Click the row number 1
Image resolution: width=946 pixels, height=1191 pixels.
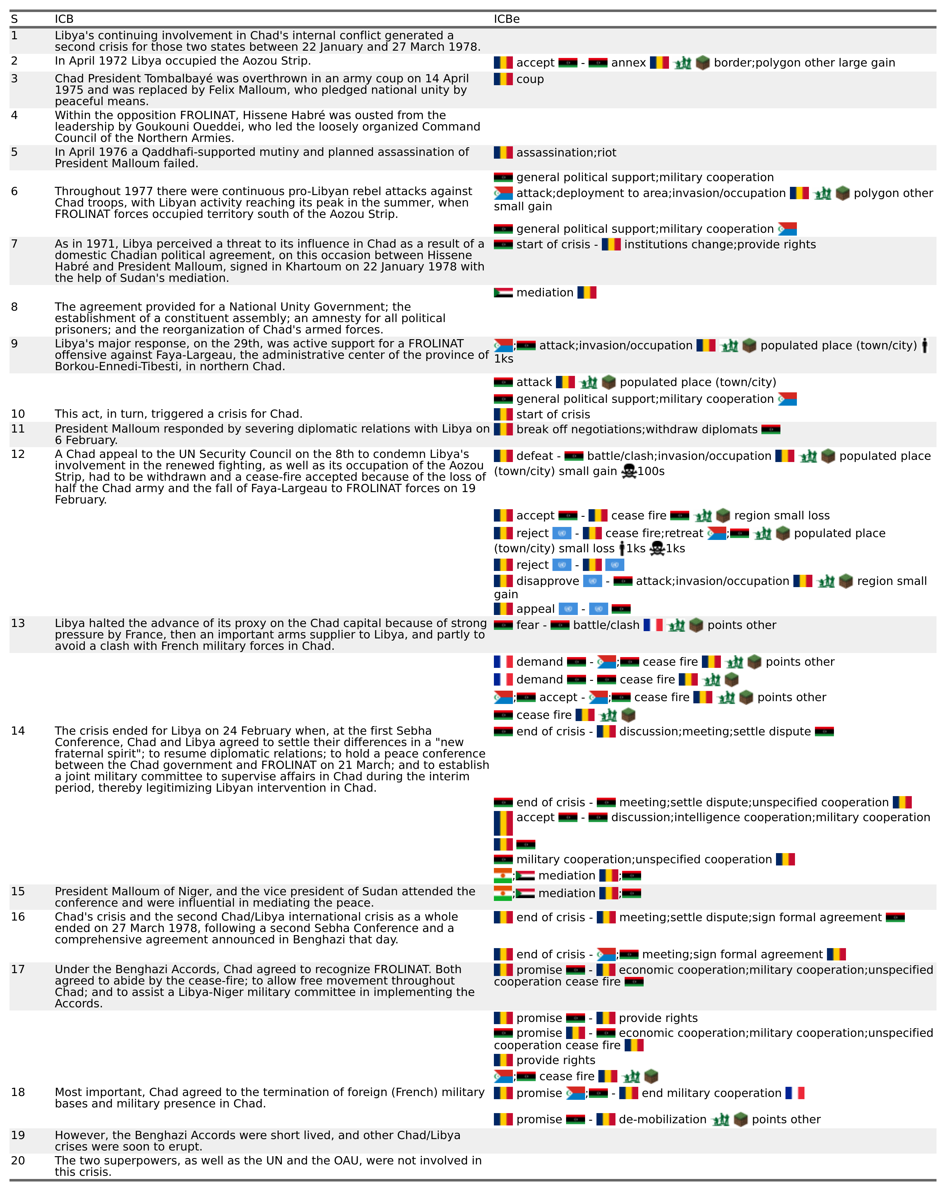coord(14,36)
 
